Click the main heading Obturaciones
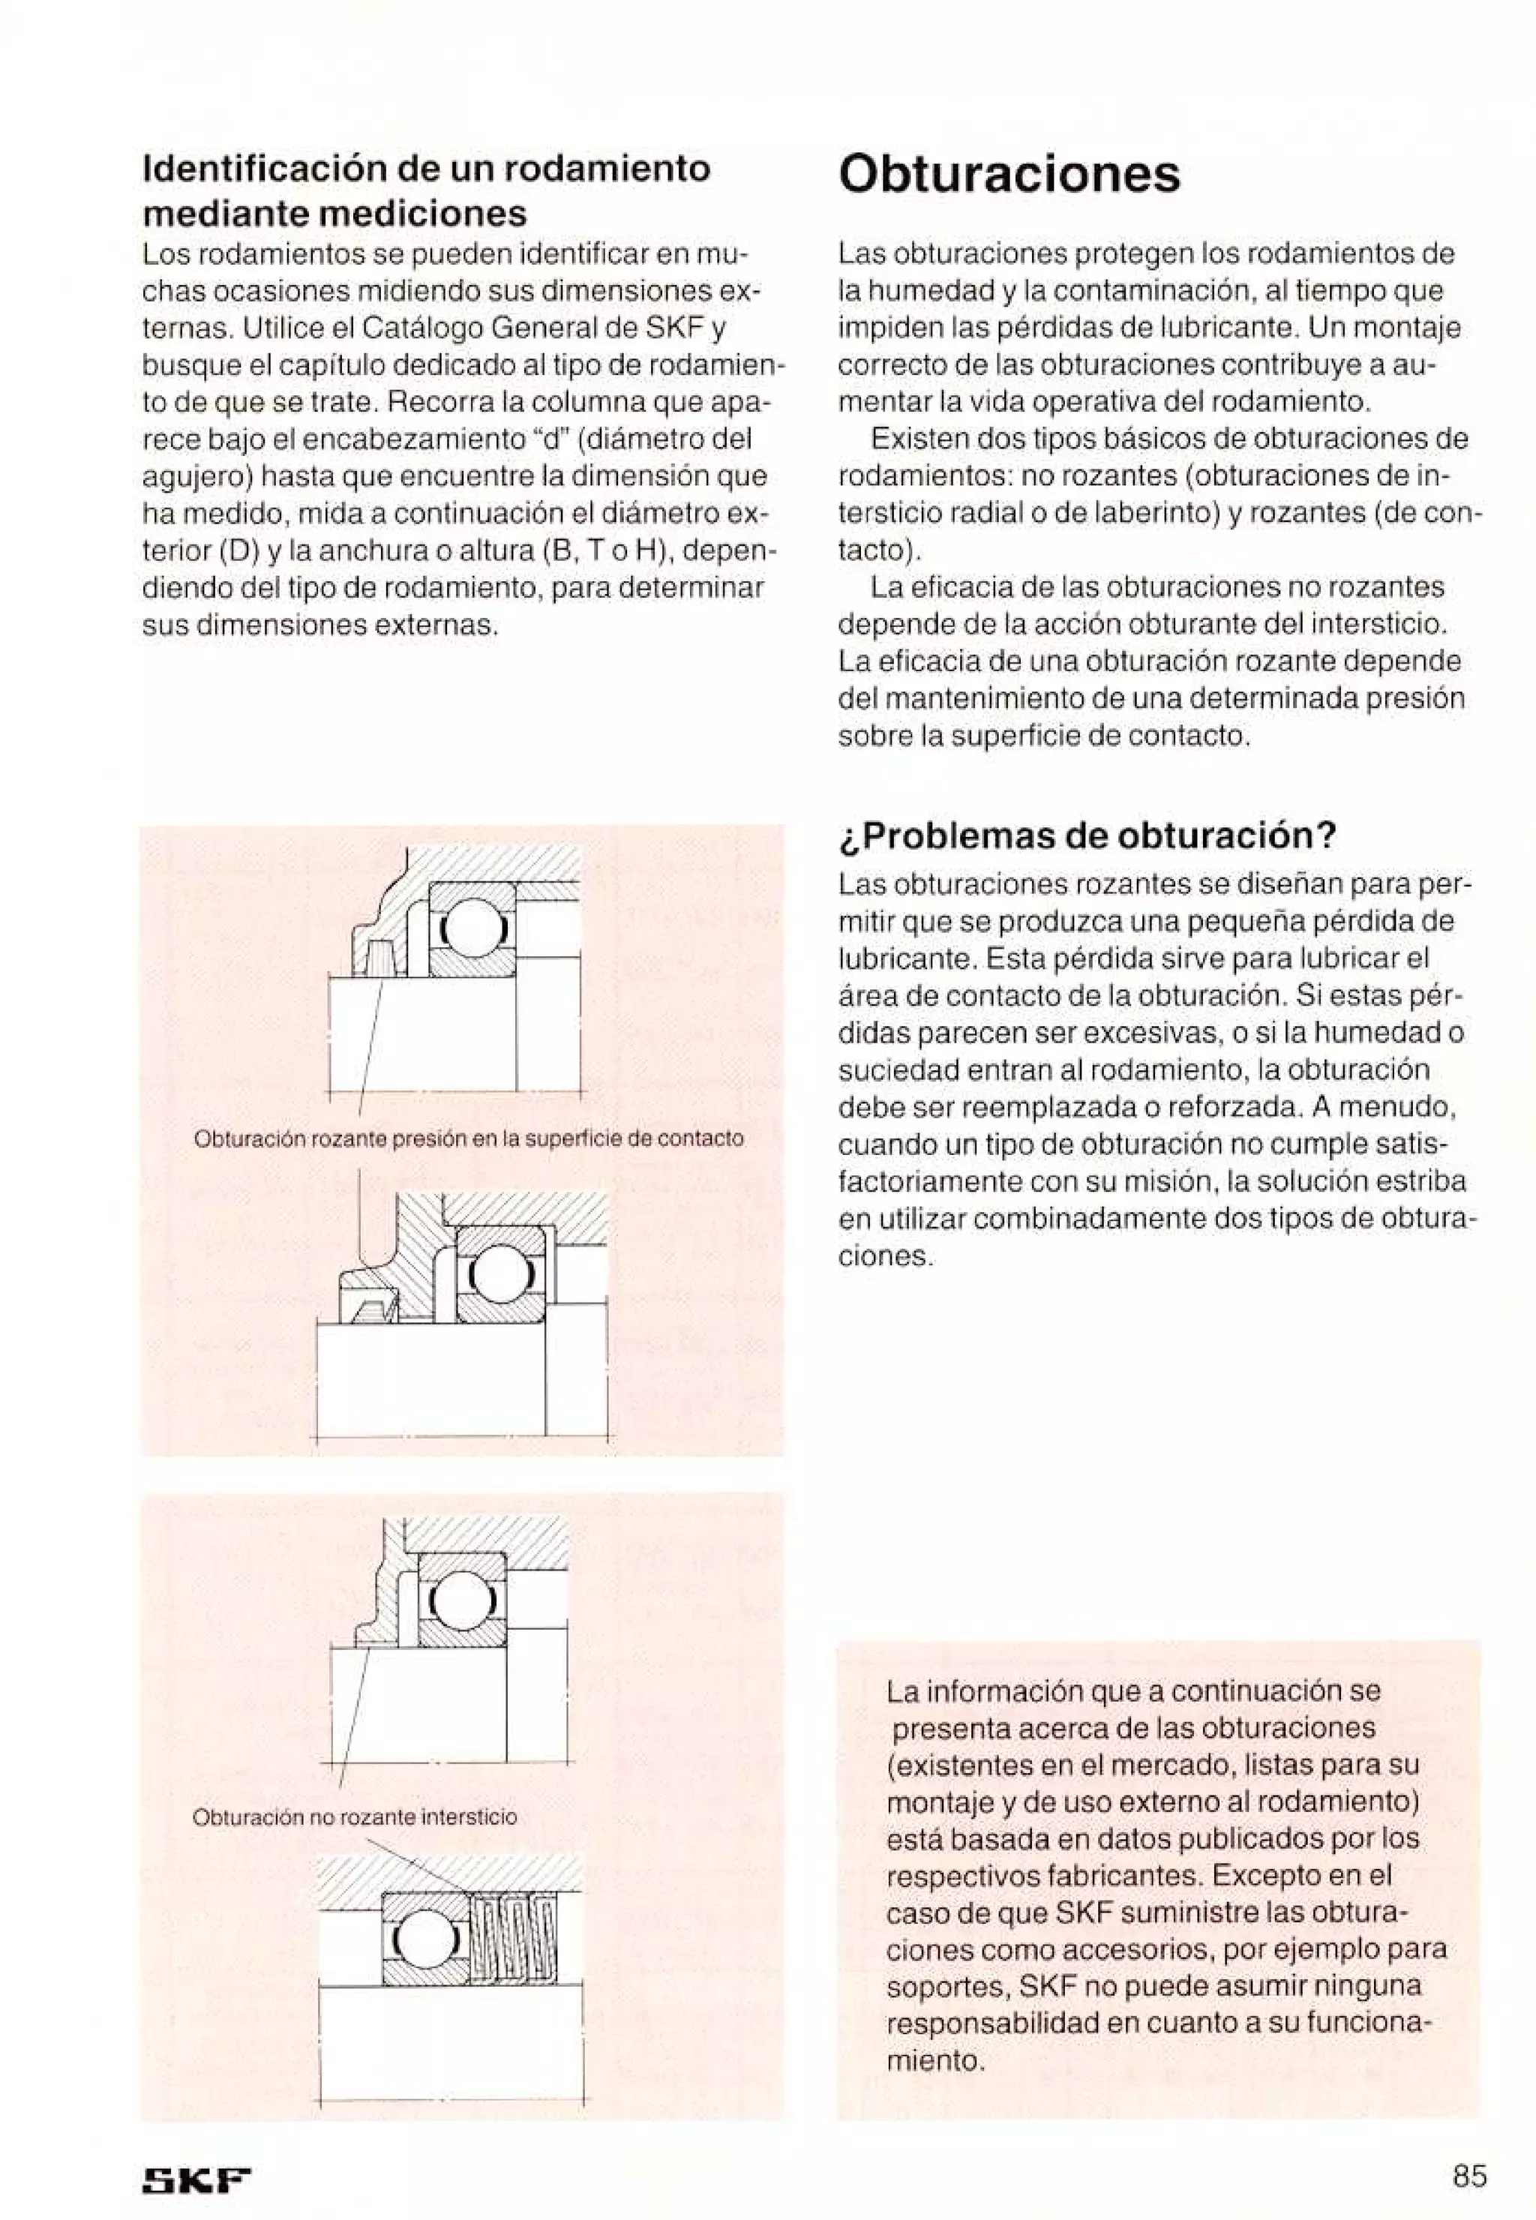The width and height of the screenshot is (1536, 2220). [x=1009, y=175]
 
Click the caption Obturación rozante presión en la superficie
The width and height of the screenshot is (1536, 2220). [x=469, y=1138]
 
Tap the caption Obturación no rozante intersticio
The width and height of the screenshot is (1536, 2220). [x=355, y=1816]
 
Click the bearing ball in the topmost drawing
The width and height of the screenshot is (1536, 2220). [x=472, y=928]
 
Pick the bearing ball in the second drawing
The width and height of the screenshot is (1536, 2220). [x=499, y=1275]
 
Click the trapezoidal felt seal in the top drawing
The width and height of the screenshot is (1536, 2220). [x=381, y=958]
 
